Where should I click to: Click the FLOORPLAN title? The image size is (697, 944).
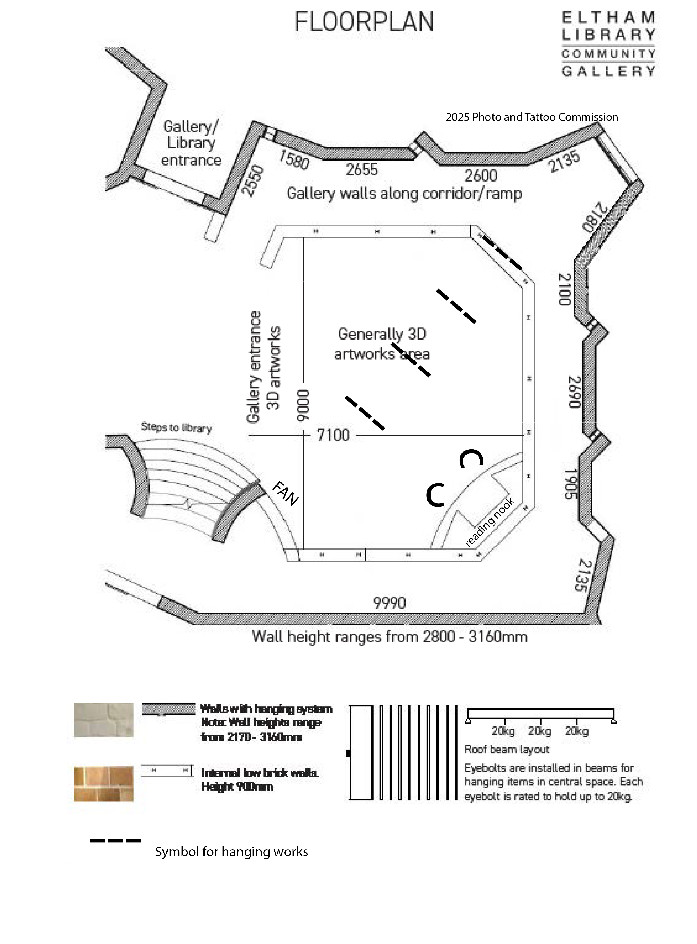364,22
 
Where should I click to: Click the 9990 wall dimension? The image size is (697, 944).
389,603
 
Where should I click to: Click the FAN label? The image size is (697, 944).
286,493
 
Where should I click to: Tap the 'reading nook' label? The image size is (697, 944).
489,522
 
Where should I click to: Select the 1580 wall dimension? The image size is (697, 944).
294,160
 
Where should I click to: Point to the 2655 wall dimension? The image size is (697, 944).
362,170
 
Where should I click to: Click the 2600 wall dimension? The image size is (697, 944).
481,175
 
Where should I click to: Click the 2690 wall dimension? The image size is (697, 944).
574,392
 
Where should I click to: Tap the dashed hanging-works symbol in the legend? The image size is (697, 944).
115,840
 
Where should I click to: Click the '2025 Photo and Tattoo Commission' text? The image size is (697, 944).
532,117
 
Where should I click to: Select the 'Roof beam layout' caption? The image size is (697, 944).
506,749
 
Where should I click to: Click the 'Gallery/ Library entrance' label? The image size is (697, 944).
191,143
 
